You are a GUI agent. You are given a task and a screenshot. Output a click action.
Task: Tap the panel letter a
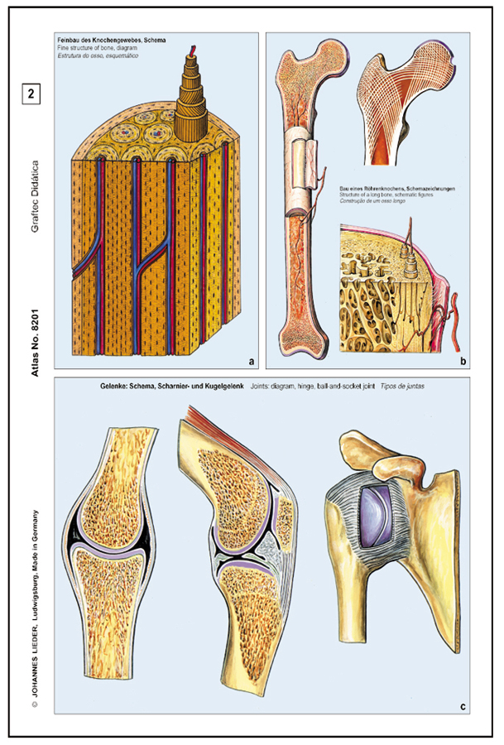[x=251, y=360]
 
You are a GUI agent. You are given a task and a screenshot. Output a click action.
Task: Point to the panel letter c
[x=463, y=706]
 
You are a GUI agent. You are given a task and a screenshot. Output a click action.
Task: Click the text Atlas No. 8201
[x=35, y=340]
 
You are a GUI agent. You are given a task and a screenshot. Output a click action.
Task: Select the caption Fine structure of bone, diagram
[x=98, y=49]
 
